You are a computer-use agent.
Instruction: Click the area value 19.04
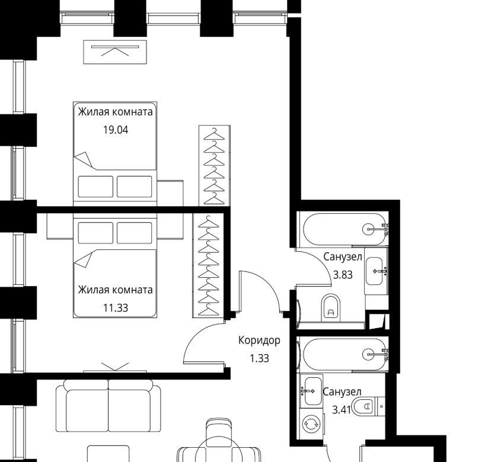click(x=116, y=130)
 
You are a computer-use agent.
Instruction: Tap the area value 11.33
click(x=116, y=308)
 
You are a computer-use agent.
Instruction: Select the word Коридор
click(x=259, y=341)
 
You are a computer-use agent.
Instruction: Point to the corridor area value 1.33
click(x=259, y=358)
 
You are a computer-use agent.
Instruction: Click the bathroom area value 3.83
click(x=343, y=275)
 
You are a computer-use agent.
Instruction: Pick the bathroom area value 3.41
click(x=342, y=410)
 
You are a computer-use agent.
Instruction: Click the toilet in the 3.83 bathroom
click(x=331, y=308)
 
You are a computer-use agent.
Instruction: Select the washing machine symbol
click(x=311, y=424)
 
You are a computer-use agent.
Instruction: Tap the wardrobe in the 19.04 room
click(x=215, y=166)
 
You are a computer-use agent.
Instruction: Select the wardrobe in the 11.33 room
click(x=208, y=265)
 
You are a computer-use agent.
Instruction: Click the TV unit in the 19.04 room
click(x=115, y=52)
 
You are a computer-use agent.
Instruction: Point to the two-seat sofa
click(x=109, y=406)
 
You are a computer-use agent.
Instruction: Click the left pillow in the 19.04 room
click(x=95, y=187)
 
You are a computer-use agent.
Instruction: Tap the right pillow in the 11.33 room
click(x=135, y=233)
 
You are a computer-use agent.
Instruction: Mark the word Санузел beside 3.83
click(x=343, y=257)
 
